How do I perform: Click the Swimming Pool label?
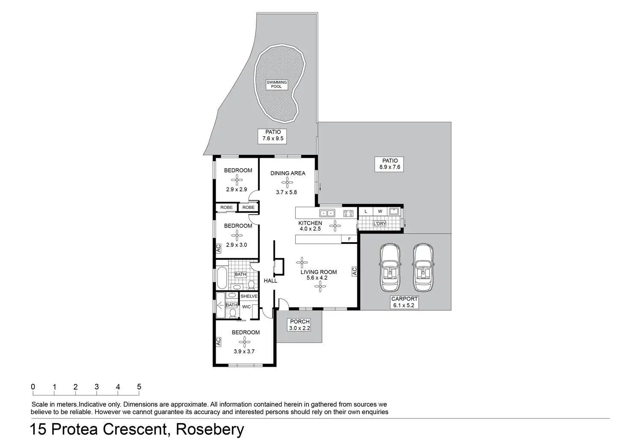click(277, 84)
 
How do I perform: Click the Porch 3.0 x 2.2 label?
click(300, 325)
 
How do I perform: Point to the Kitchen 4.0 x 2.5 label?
click(310, 226)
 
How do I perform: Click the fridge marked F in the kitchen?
click(349, 239)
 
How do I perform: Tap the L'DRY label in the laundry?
click(380, 224)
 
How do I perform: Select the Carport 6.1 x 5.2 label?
click(404, 302)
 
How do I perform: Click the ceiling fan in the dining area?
click(288, 183)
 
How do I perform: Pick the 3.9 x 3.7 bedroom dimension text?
click(244, 352)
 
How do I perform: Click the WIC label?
click(247, 307)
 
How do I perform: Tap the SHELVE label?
click(249, 296)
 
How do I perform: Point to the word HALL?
click(270, 281)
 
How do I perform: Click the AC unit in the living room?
click(354, 271)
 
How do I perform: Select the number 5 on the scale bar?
click(139, 387)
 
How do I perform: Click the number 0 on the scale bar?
click(33, 387)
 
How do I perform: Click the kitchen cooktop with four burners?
click(348, 213)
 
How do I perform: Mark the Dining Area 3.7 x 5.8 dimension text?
click(286, 193)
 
